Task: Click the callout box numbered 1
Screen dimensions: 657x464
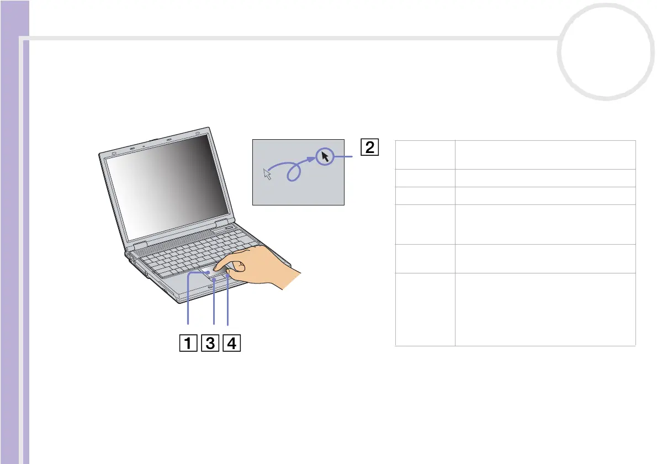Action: click(188, 344)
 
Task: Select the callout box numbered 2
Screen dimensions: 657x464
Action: click(370, 148)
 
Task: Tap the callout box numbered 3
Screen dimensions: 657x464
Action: click(210, 344)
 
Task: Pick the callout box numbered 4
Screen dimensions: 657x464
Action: click(232, 344)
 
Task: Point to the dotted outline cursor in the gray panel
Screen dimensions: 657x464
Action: click(268, 174)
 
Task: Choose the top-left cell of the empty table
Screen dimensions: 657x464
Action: click(425, 155)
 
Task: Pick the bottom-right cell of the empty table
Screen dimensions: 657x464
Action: click(545, 309)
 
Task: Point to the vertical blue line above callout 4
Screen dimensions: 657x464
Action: click(227, 301)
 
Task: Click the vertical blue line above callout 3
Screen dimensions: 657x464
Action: click(214, 304)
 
